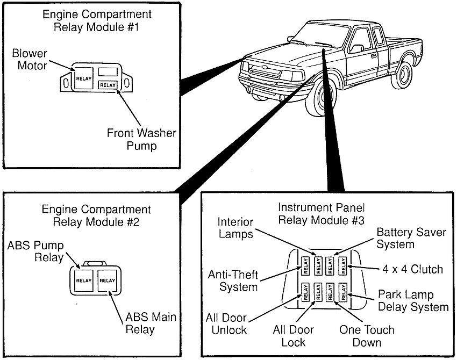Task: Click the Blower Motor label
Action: [30, 60]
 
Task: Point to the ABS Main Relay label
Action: [151, 323]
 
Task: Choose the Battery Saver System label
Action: [410, 239]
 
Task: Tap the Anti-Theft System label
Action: [233, 281]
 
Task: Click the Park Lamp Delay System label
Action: [413, 301]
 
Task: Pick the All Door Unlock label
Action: [226, 325]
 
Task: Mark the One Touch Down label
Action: [367, 336]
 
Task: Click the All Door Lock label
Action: [293, 336]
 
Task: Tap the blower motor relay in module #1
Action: [84, 78]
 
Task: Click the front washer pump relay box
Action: [108, 85]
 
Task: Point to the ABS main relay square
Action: [108, 280]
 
